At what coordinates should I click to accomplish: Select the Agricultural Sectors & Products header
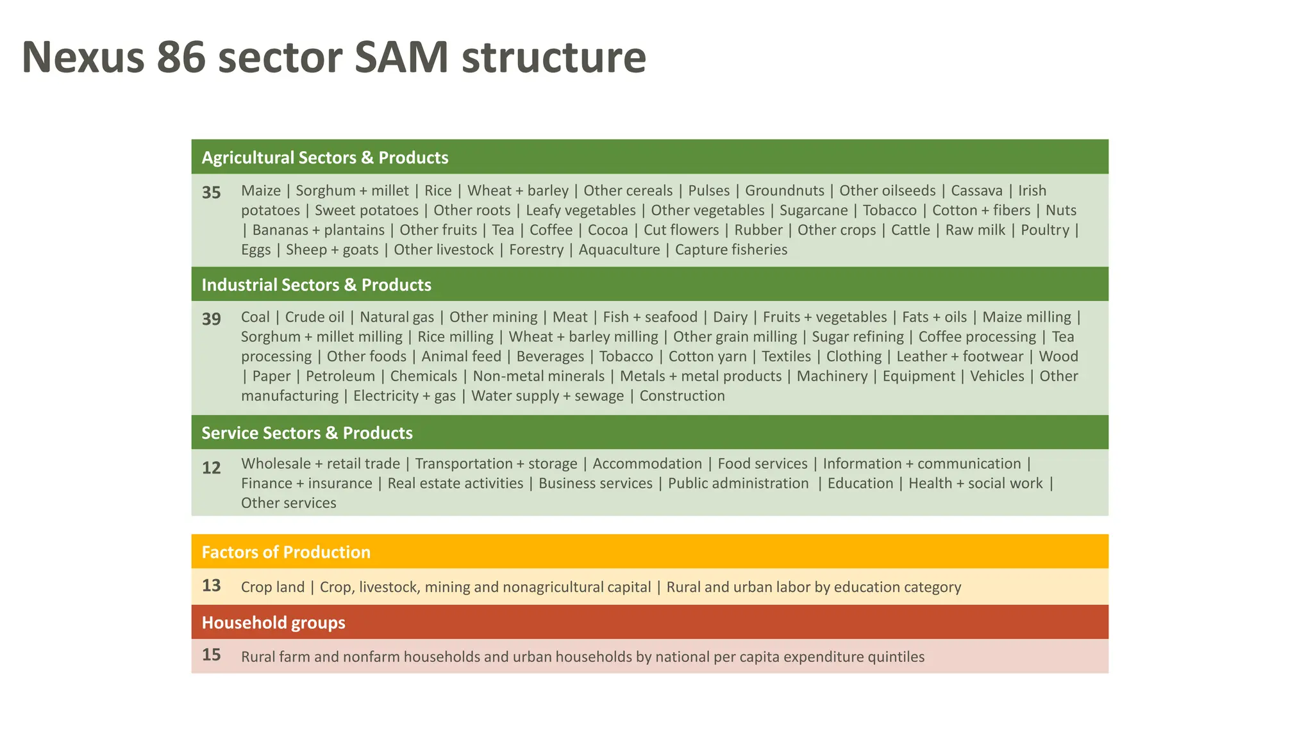pyautogui.click(x=324, y=158)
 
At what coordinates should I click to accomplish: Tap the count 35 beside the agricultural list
pyautogui.click(x=212, y=192)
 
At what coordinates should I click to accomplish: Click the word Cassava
pyautogui.click(x=976, y=191)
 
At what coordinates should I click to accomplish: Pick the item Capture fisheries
pyautogui.click(x=731, y=250)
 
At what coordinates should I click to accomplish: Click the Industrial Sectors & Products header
pyautogui.click(x=316, y=284)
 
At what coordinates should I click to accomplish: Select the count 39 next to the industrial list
pyautogui.click(x=212, y=319)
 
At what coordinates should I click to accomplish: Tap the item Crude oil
pyautogui.click(x=314, y=317)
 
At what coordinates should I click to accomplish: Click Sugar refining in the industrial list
pyautogui.click(x=857, y=337)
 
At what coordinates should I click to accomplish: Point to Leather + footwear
pyautogui.click(x=960, y=357)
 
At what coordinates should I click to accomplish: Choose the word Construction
pyautogui.click(x=682, y=396)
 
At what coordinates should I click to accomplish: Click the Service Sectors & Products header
pyautogui.click(x=306, y=433)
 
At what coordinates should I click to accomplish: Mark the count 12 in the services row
pyautogui.click(x=212, y=468)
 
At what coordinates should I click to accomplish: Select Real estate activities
pyautogui.click(x=455, y=484)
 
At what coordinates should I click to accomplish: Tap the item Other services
pyautogui.click(x=289, y=503)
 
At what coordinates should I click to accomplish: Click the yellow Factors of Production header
pyautogui.click(x=286, y=552)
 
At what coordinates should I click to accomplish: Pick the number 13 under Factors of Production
pyautogui.click(x=212, y=586)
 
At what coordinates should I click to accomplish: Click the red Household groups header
pyautogui.click(x=273, y=623)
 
